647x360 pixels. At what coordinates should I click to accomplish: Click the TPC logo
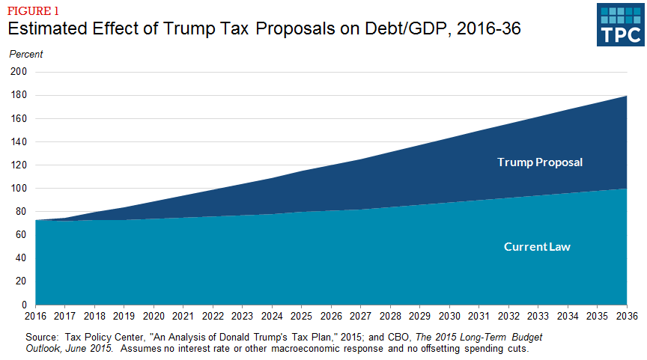pyautogui.click(x=620, y=25)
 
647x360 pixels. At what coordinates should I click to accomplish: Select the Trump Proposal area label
pyautogui.click(x=540, y=162)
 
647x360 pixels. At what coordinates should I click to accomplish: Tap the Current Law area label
pyautogui.click(x=537, y=246)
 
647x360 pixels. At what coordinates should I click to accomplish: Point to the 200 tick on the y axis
pyautogui.click(x=19, y=72)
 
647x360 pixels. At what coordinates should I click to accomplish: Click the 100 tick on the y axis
pyautogui.click(x=19, y=189)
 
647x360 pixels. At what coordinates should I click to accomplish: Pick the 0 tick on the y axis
pyautogui.click(x=24, y=305)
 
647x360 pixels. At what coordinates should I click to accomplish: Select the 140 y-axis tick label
pyautogui.click(x=19, y=141)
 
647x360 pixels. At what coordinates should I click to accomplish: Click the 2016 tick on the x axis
pyautogui.click(x=36, y=317)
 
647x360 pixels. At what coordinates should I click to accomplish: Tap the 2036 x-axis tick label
pyautogui.click(x=627, y=317)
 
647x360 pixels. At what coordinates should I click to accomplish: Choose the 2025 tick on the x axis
pyautogui.click(x=302, y=317)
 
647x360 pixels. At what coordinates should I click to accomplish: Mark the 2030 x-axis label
pyautogui.click(x=449, y=317)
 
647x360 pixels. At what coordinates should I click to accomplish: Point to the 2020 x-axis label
pyautogui.click(x=154, y=317)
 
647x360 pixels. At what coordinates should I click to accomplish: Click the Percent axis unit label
pyautogui.click(x=26, y=54)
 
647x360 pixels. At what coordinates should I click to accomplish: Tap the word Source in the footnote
pyautogui.click(x=42, y=338)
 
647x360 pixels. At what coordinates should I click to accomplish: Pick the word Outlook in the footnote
pyautogui.click(x=43, y=349)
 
